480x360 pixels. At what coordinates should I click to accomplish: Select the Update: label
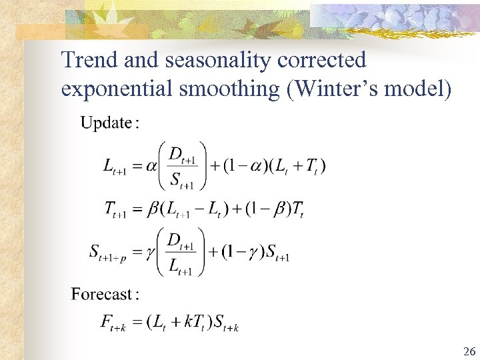point(109,123)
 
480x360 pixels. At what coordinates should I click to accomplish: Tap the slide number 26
point(469,351)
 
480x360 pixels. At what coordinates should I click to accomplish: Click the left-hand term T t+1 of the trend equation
point(115,210)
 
